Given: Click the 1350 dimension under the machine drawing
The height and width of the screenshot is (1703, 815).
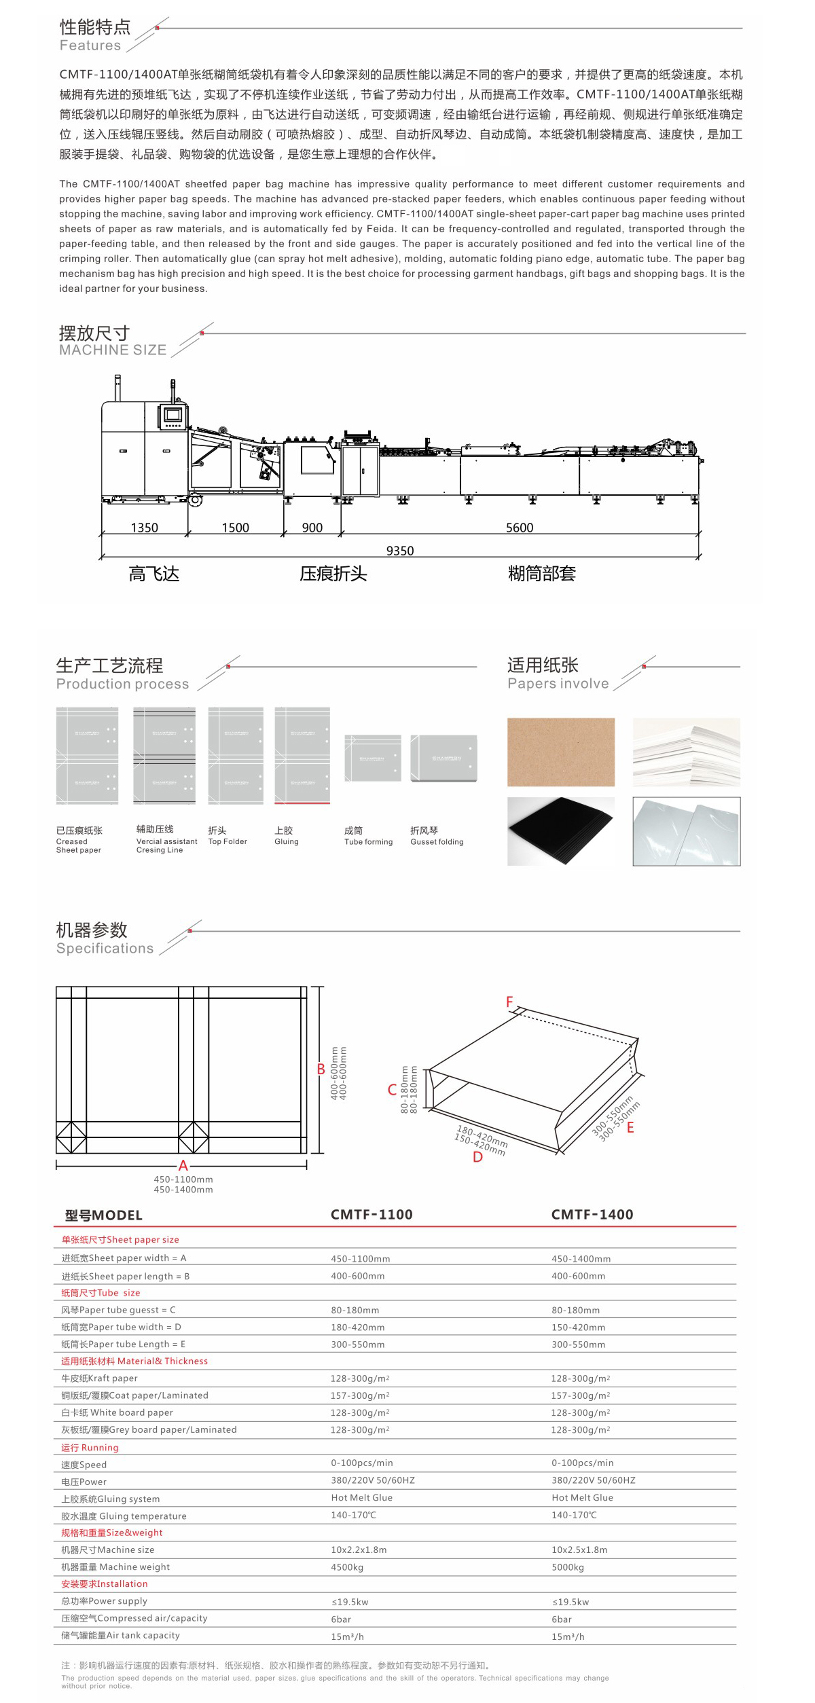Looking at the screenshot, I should [144, 528].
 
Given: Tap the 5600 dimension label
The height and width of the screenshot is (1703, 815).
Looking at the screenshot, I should [520, 528].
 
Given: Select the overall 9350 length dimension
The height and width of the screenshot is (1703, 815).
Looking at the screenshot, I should [400, 551].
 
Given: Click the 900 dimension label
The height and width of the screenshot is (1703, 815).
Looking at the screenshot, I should [312, 528].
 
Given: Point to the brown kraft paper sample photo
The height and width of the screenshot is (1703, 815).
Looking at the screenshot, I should [561, 752].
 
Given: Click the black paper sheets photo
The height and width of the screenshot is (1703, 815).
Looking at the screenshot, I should [561, 831].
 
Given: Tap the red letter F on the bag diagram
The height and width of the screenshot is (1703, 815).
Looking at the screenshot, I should [509, 1002].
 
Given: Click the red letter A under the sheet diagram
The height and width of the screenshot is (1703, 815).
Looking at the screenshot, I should [183, 1165].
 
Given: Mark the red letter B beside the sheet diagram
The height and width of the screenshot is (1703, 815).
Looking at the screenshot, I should [321, 1069].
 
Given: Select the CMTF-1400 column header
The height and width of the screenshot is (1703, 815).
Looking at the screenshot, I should [592, 1215].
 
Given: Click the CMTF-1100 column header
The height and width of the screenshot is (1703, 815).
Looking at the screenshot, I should [372, 1215].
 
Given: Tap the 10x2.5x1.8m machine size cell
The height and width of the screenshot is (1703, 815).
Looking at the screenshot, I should [579, 1550].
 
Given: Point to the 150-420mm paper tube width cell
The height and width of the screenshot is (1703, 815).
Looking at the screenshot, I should [578, 1327].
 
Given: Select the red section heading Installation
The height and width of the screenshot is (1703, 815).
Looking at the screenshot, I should [105, 1584].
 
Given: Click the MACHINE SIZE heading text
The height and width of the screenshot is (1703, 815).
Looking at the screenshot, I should [113, 350].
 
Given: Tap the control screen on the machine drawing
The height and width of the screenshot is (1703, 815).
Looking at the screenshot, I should [173, 414].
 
